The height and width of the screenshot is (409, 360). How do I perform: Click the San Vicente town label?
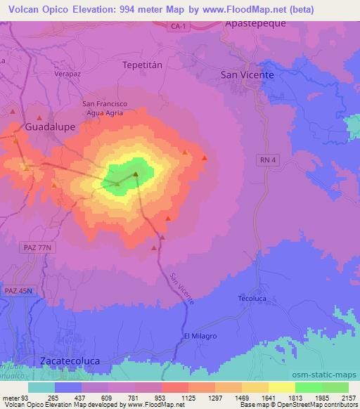coord(247,74)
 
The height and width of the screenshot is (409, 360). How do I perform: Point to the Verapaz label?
coord(68,72)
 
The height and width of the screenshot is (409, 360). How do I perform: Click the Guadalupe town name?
coord(50,128)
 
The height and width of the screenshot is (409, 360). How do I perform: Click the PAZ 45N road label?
coord(19,290)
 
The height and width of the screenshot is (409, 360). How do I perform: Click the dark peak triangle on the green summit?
coord(136,173)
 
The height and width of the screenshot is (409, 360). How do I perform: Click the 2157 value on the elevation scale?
coord(347,398)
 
